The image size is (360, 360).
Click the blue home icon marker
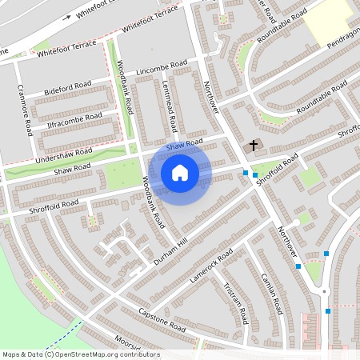point(180,173)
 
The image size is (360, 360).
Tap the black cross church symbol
point(254,146)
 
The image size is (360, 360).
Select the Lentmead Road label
point(170,108)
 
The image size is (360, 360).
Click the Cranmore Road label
point(25,110)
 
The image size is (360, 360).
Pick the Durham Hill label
point(170,251)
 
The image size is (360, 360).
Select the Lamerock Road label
point(211,265)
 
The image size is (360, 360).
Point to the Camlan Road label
point(271,292)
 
